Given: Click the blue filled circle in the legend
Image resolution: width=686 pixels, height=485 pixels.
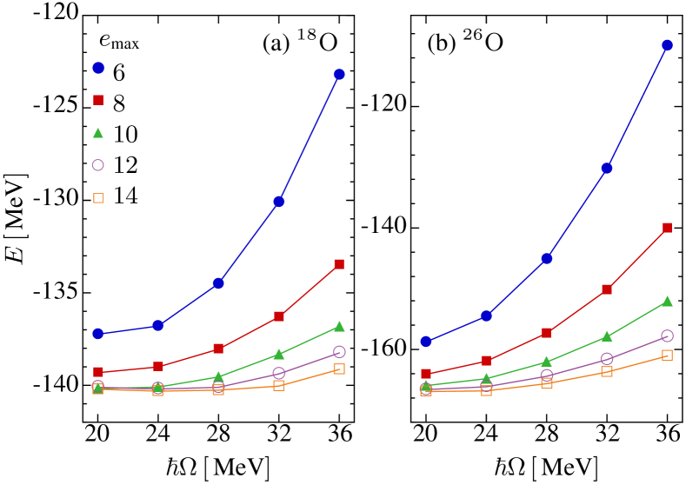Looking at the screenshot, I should (x=98, y=68).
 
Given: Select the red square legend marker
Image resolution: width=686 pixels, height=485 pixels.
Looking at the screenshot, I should (x=98, y=100).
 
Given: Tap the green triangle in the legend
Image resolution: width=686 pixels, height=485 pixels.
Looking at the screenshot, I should (x=98, y=133).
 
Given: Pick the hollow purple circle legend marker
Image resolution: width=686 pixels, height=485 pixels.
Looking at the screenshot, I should (x=98, y=165).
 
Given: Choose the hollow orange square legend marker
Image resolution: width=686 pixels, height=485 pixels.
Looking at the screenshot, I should (x=98, y=198).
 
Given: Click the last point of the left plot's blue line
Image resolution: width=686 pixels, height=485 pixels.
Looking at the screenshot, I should (x=339, y=74).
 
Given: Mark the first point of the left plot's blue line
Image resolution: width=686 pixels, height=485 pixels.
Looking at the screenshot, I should (x=98, y=334).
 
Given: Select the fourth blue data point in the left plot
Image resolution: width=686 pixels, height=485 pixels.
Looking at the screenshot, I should (x=279, y=201).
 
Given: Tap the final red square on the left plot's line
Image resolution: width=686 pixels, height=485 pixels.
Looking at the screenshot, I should (x=339, y=263).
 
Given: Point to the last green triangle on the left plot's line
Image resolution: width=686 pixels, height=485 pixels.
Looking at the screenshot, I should (x=339, y=327).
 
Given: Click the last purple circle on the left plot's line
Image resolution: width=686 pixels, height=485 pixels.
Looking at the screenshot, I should (x=339, y=352).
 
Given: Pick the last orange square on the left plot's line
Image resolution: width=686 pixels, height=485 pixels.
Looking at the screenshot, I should (x=339, y=369).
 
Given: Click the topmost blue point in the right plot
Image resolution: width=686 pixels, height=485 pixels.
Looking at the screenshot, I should (x=667, y=45).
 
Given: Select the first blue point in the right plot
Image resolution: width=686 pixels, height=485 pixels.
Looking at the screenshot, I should (x=426, y=342).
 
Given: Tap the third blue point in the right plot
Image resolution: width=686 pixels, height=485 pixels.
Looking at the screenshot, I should (x=546, y=258).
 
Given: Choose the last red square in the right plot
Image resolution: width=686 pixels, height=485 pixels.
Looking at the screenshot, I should (x=667, y=227).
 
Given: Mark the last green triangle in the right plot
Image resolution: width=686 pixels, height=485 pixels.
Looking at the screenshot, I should (x=667, y=302).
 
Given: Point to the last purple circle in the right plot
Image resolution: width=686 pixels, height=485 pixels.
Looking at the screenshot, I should (x=667, y=336).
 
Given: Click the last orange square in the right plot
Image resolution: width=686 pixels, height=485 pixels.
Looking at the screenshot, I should (x=667, y=355).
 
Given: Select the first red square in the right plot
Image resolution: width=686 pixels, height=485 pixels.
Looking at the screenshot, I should (x=426, y=374).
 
